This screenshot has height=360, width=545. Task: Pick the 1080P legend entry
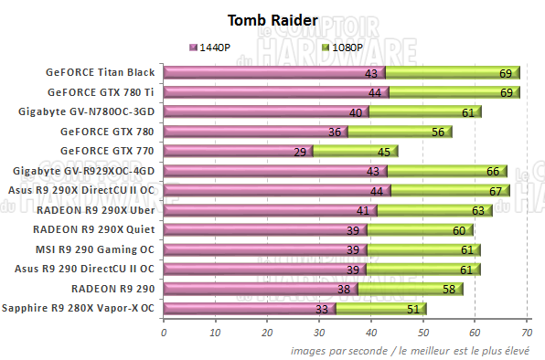tap(345, 47)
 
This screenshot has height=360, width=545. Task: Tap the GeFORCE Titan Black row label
tap(100, 71)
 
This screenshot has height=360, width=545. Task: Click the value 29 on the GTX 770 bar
tap(300, 151)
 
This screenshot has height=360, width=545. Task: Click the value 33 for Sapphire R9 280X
tap(322, 309)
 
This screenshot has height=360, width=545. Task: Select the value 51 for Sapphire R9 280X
tap(413, 309)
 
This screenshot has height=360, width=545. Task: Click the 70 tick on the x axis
tap(527, 332)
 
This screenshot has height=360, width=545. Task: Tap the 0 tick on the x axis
tap(163, 332)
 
